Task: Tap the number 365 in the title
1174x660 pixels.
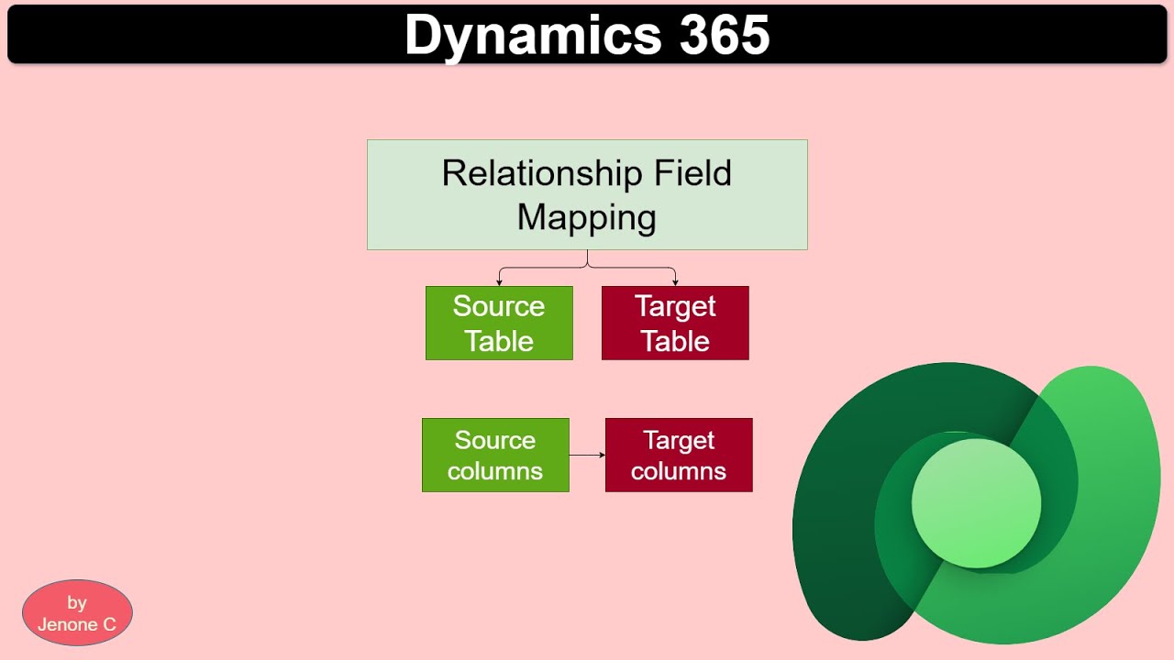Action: click(x=725, y=36)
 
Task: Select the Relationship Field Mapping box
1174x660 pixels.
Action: click(x=587, y=194)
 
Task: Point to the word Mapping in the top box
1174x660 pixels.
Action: click(x=586, y=217)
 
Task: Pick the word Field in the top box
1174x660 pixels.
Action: click(x=692, y=173)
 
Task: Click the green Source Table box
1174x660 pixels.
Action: click(x=499, y=323)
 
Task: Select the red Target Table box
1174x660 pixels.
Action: click(x=675, y=323)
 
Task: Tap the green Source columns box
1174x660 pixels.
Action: click(x=495, y=455)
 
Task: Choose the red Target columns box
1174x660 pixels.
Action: click(x=679, y=455)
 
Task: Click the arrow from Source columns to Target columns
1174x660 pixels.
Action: click(x=587, y=455)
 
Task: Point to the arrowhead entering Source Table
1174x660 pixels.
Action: click(x=499, y=281)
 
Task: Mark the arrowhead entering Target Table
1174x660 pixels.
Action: click(x=675, y=281)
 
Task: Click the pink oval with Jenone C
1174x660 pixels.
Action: click(x=77, y=612)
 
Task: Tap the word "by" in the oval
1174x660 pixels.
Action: click(x=77, y=602)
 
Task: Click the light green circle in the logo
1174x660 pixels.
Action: click(x=976, y=502)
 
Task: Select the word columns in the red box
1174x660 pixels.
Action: click(x=679, y=471)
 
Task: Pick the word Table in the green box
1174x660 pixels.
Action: click(x=499, y=341)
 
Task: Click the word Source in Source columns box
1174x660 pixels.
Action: click(x=495, y=440)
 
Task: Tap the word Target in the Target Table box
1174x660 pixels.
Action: click(x=675, y=306)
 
